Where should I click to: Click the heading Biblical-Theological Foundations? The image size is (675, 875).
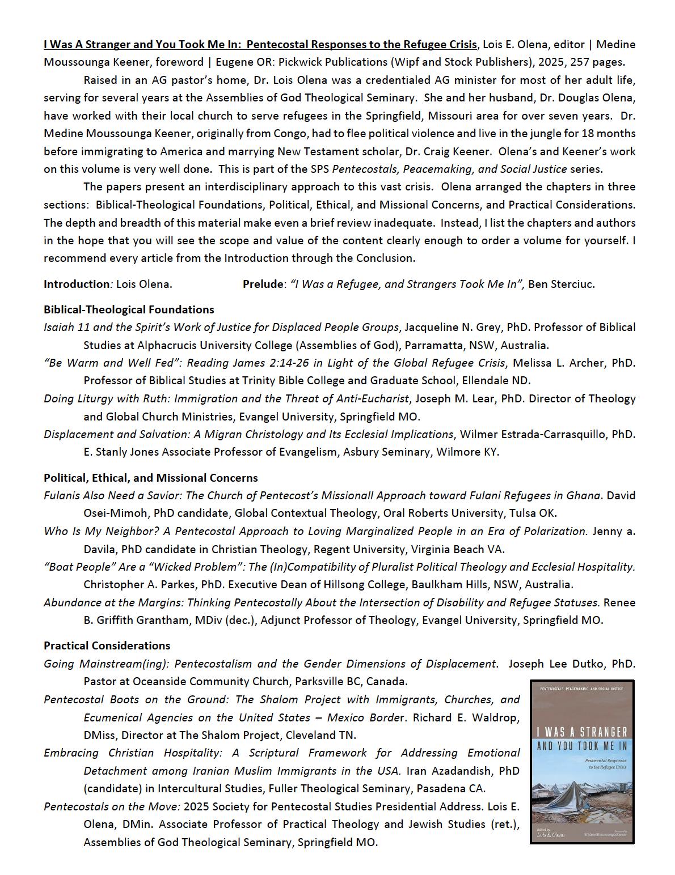[x=129, y=309]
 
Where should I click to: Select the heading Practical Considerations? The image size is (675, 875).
[x=107, y=645]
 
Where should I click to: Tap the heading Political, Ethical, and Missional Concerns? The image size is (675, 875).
[x=150, y=478]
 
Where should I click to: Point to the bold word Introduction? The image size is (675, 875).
[x=76, y=284]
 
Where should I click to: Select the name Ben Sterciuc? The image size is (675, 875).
[x=561, y=284]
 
